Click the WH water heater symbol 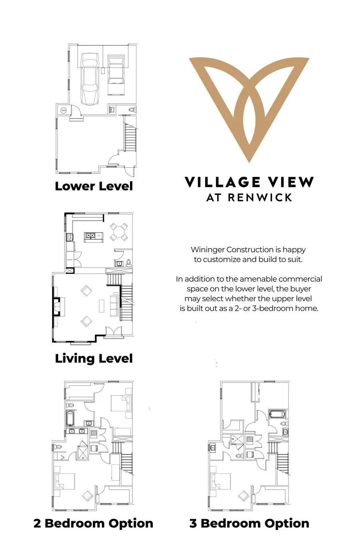pyautogui.click(x=63, y=110)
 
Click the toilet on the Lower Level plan pyautogui.click(x=132, y=110)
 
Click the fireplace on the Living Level pyautogui.click(x=56, y=307)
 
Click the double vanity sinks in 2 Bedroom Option pyautogui.click(x=77, y=431)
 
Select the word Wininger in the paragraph pyautogui.click(x=208, y=250)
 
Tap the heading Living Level pyautogui.click(x=94, y=359)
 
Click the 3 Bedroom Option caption pyautogui.click(x=249, y=523)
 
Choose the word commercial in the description pyautogui.click(x=300, y=279)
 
